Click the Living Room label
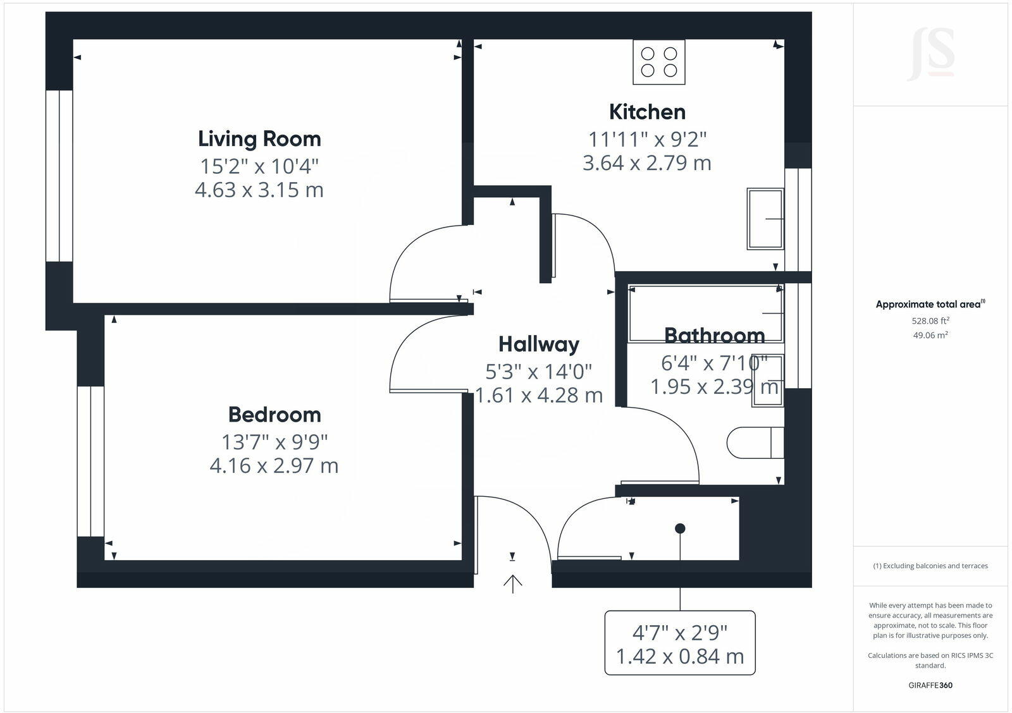(259, 139)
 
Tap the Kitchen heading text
(647, 112)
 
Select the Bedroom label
(275, 415)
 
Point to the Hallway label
(538, 344)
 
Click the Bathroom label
(714, 335)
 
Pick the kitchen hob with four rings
(658, 62)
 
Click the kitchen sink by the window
(765, 219)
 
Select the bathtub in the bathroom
(705, 314)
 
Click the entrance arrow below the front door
(512, 583)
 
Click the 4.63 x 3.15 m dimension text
(259, 190)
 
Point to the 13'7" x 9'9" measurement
(275, 441)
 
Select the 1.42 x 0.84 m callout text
(680, 657)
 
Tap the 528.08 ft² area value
(930, 320)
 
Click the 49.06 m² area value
(930, 336)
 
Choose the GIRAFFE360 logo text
(930, 685)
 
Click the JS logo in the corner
(931, 55)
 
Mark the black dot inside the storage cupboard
(680, 528)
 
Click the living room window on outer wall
(59, 176)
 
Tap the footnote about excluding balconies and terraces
(930, 566)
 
